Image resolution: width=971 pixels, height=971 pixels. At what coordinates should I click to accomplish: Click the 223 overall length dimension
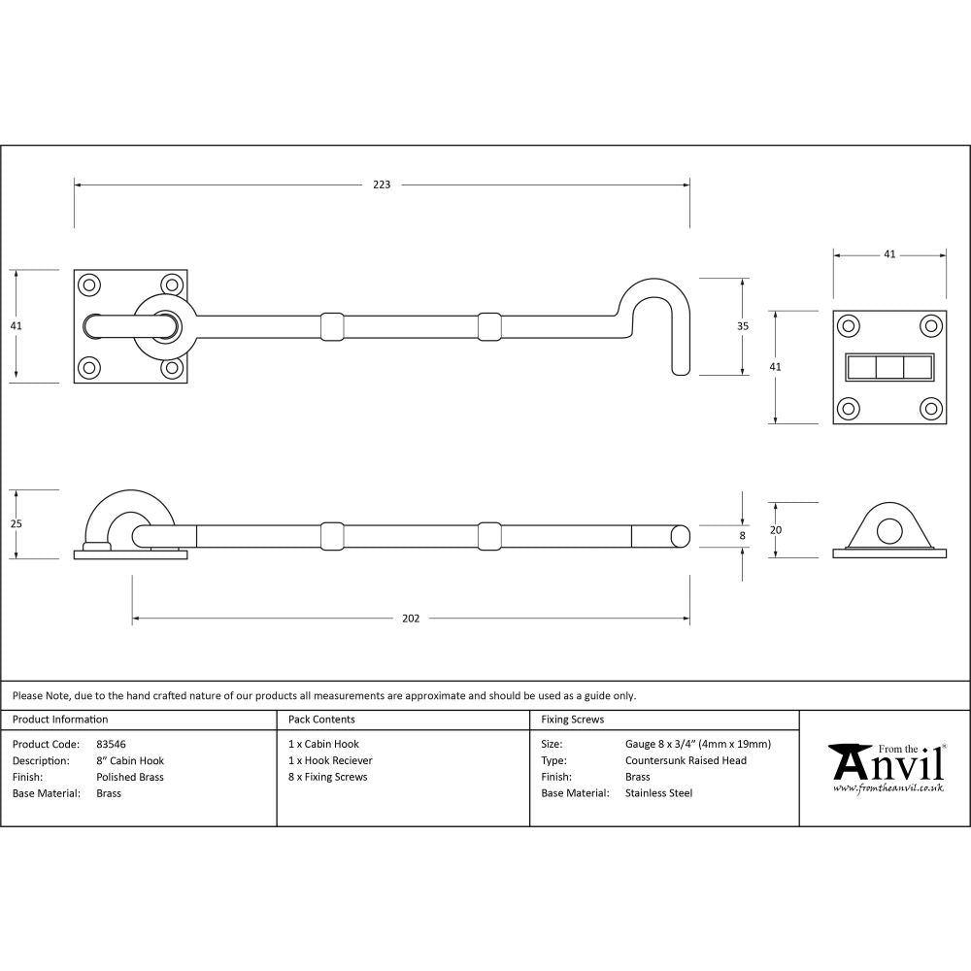(x=382, y=184)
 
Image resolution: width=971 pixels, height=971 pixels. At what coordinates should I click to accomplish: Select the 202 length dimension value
(x=411, y=619)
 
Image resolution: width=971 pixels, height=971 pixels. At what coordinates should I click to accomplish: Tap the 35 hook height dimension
(x=743, y=326)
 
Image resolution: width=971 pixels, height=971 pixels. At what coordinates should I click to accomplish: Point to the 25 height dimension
(x=16, y=524)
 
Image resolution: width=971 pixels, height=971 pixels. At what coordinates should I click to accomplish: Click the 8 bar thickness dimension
(x=743, y=534)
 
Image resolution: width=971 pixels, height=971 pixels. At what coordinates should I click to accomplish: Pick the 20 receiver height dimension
(x=775, y=529)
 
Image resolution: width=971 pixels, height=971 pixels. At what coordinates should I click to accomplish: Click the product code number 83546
(x=112, y=745)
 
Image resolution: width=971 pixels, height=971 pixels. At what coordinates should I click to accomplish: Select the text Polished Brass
(x=130, y=777)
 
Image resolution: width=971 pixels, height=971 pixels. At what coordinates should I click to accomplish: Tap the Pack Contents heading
(x=321, y=720)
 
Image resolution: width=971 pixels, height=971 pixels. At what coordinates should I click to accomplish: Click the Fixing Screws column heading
(x=572, y=720)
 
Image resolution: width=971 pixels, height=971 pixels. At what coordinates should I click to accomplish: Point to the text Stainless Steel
(x=658, y=793)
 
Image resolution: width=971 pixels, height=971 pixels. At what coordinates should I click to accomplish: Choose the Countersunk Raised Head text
(x=686, y=760)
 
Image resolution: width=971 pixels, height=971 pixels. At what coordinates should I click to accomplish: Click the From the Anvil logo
(x=887, y=768)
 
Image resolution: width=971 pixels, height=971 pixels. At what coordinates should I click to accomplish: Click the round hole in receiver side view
(x=889, y=531)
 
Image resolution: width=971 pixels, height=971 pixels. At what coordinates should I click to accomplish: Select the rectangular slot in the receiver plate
(x=889, y=367)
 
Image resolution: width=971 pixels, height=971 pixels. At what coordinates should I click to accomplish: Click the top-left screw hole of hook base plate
(x=89, y=285)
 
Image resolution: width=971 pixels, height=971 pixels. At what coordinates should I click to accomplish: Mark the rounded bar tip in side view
(x=679, y=536)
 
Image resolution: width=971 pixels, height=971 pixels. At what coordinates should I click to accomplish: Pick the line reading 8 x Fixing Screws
(x=328, y=777)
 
